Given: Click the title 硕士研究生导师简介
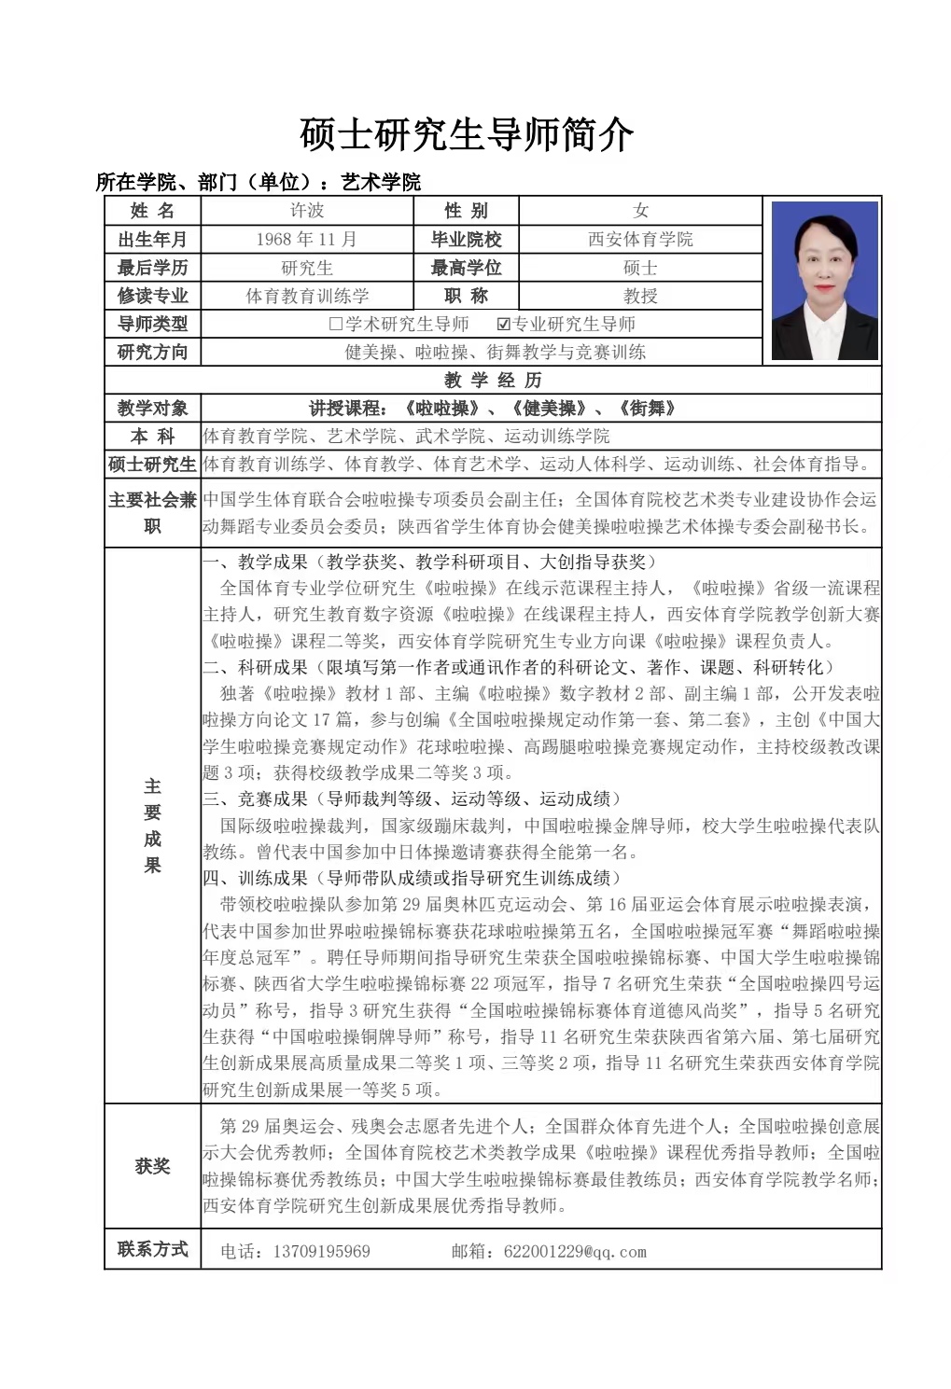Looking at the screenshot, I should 467,134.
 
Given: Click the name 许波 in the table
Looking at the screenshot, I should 307,211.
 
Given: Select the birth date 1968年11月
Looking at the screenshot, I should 307,240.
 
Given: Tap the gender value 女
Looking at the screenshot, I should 640,211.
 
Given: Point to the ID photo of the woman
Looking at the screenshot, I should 825,280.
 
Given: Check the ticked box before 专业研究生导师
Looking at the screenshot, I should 504,325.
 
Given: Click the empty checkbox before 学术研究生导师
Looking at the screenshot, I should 336,325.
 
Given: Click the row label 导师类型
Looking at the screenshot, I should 152,324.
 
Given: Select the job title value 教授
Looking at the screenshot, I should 640,296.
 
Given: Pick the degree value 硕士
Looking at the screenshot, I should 640,268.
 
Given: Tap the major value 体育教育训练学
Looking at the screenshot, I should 307,296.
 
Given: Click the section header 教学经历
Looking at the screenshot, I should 493,380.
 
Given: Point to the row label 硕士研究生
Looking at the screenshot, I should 152,465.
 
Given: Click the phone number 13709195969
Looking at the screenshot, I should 321,1251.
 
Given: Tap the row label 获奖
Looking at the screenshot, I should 152,1166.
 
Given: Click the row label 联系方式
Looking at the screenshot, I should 152,1249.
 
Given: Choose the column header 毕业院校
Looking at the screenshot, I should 466,240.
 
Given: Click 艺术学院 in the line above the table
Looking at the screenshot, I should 381,182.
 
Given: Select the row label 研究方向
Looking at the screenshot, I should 152,352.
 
